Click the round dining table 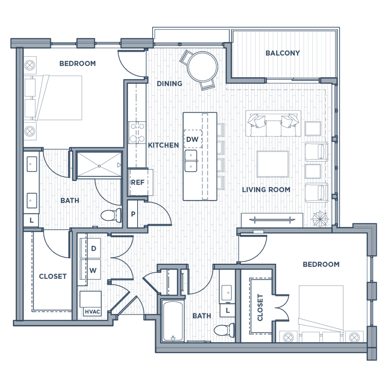point(203,66)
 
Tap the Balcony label point(283,53)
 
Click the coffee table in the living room point(272,164)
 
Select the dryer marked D point(93,249)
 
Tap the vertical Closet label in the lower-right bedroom point(260,307)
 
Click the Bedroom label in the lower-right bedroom point(321,264)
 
